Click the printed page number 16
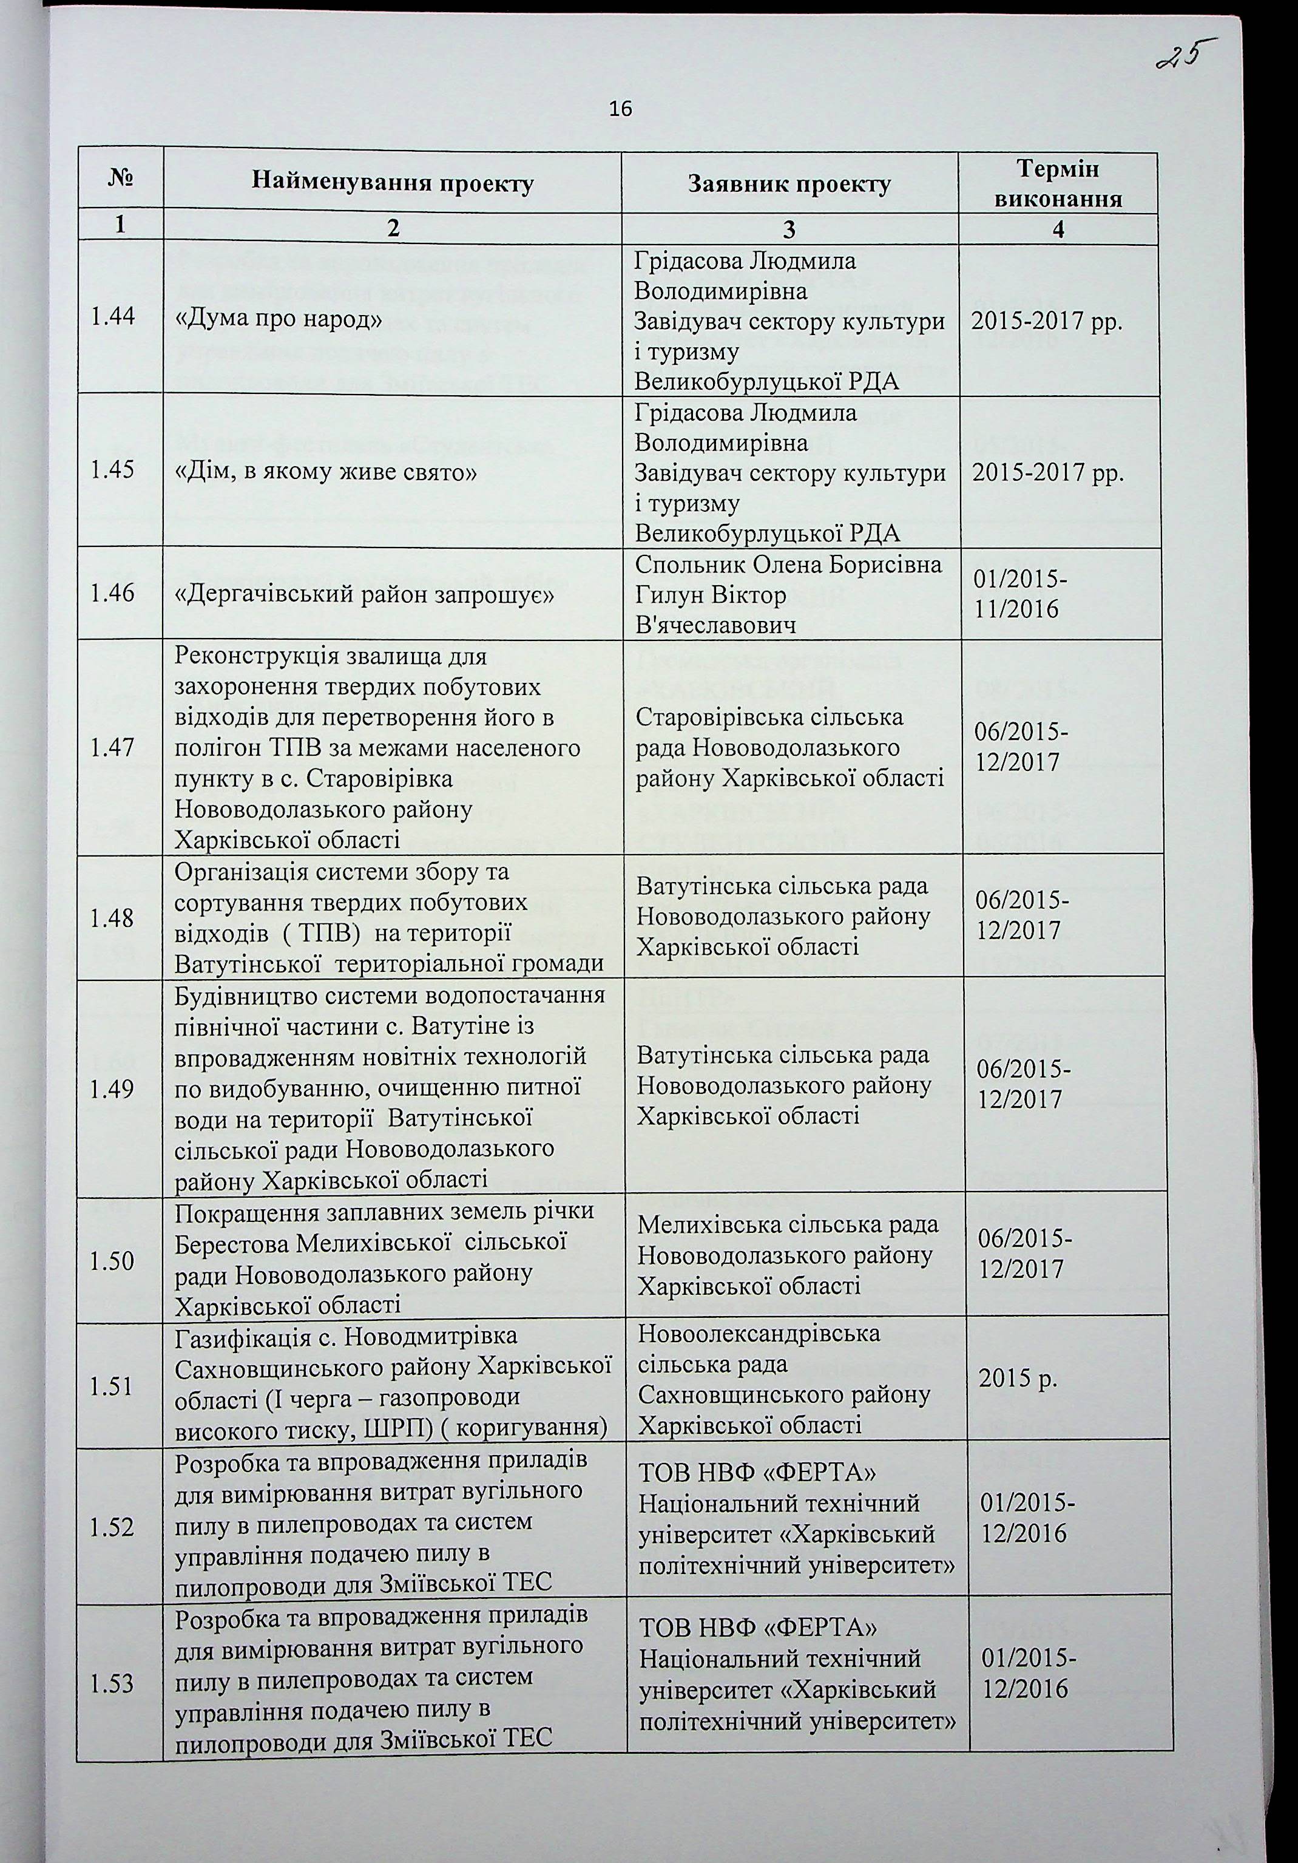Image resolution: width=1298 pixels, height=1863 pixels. (x=620, y=109)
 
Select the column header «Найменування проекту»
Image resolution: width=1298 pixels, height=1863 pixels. (x=393, y=183)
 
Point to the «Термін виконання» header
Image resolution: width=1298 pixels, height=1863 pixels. (x=1058, y=183)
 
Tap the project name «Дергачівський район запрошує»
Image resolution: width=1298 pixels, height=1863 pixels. (x=364, y=595)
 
